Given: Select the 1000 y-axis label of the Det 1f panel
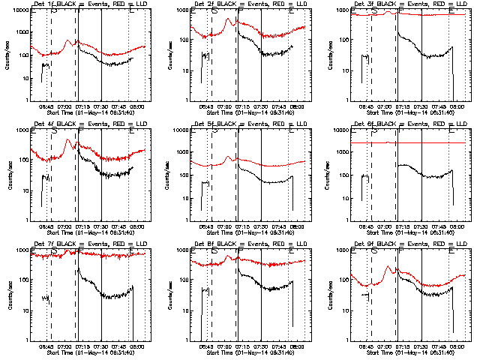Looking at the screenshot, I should (22, 34).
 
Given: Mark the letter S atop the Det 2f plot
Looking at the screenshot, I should (214, 12).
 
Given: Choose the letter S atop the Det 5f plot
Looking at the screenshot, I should (214, 131).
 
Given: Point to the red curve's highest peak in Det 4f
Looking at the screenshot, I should (68, 139).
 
